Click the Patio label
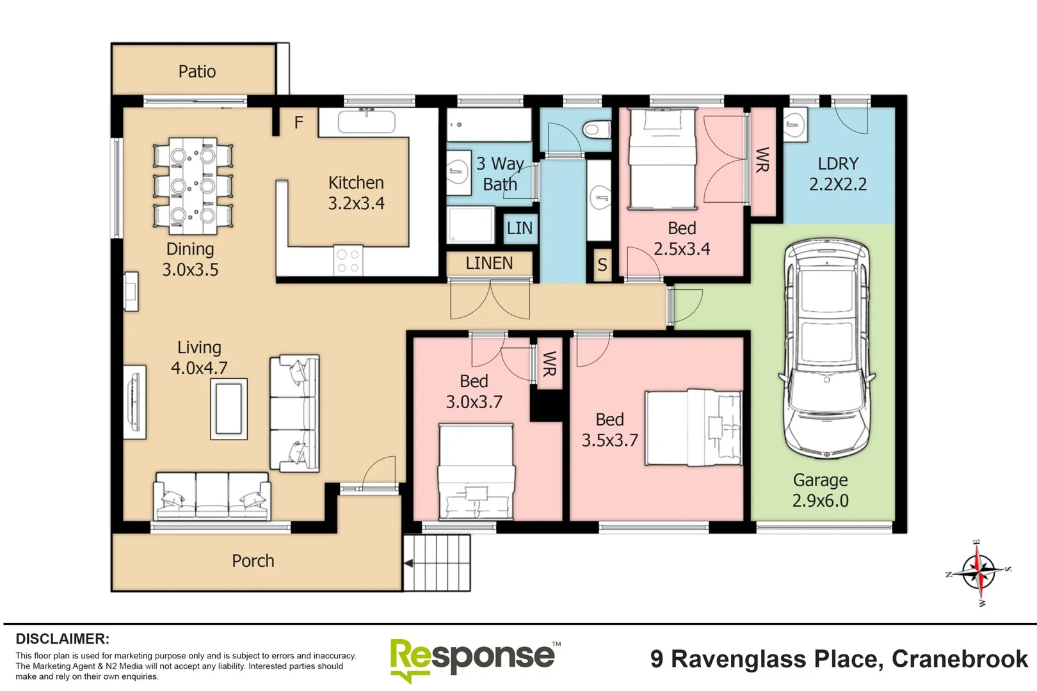tap(197, 72)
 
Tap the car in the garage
tap(826, 349)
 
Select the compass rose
tap(978, 571)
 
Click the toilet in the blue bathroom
tap(595, 130)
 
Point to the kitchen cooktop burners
tap(348, 261)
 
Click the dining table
tap(193, 185)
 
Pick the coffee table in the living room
tap(229, 408)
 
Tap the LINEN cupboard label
tap(489, 263)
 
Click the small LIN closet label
tap(519, 228)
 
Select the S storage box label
tap(602, 264)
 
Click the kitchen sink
tap(366, 122)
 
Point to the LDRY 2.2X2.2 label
tap(837, 174)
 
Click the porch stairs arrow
tap(408, 563)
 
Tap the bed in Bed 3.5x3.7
tap(693, 427)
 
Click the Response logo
tap(474, 658)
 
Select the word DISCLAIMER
tap(62, 639)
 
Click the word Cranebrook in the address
tap(960, 659)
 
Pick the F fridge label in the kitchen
tap(298, 122)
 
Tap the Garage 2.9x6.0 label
tap(820, 490)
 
